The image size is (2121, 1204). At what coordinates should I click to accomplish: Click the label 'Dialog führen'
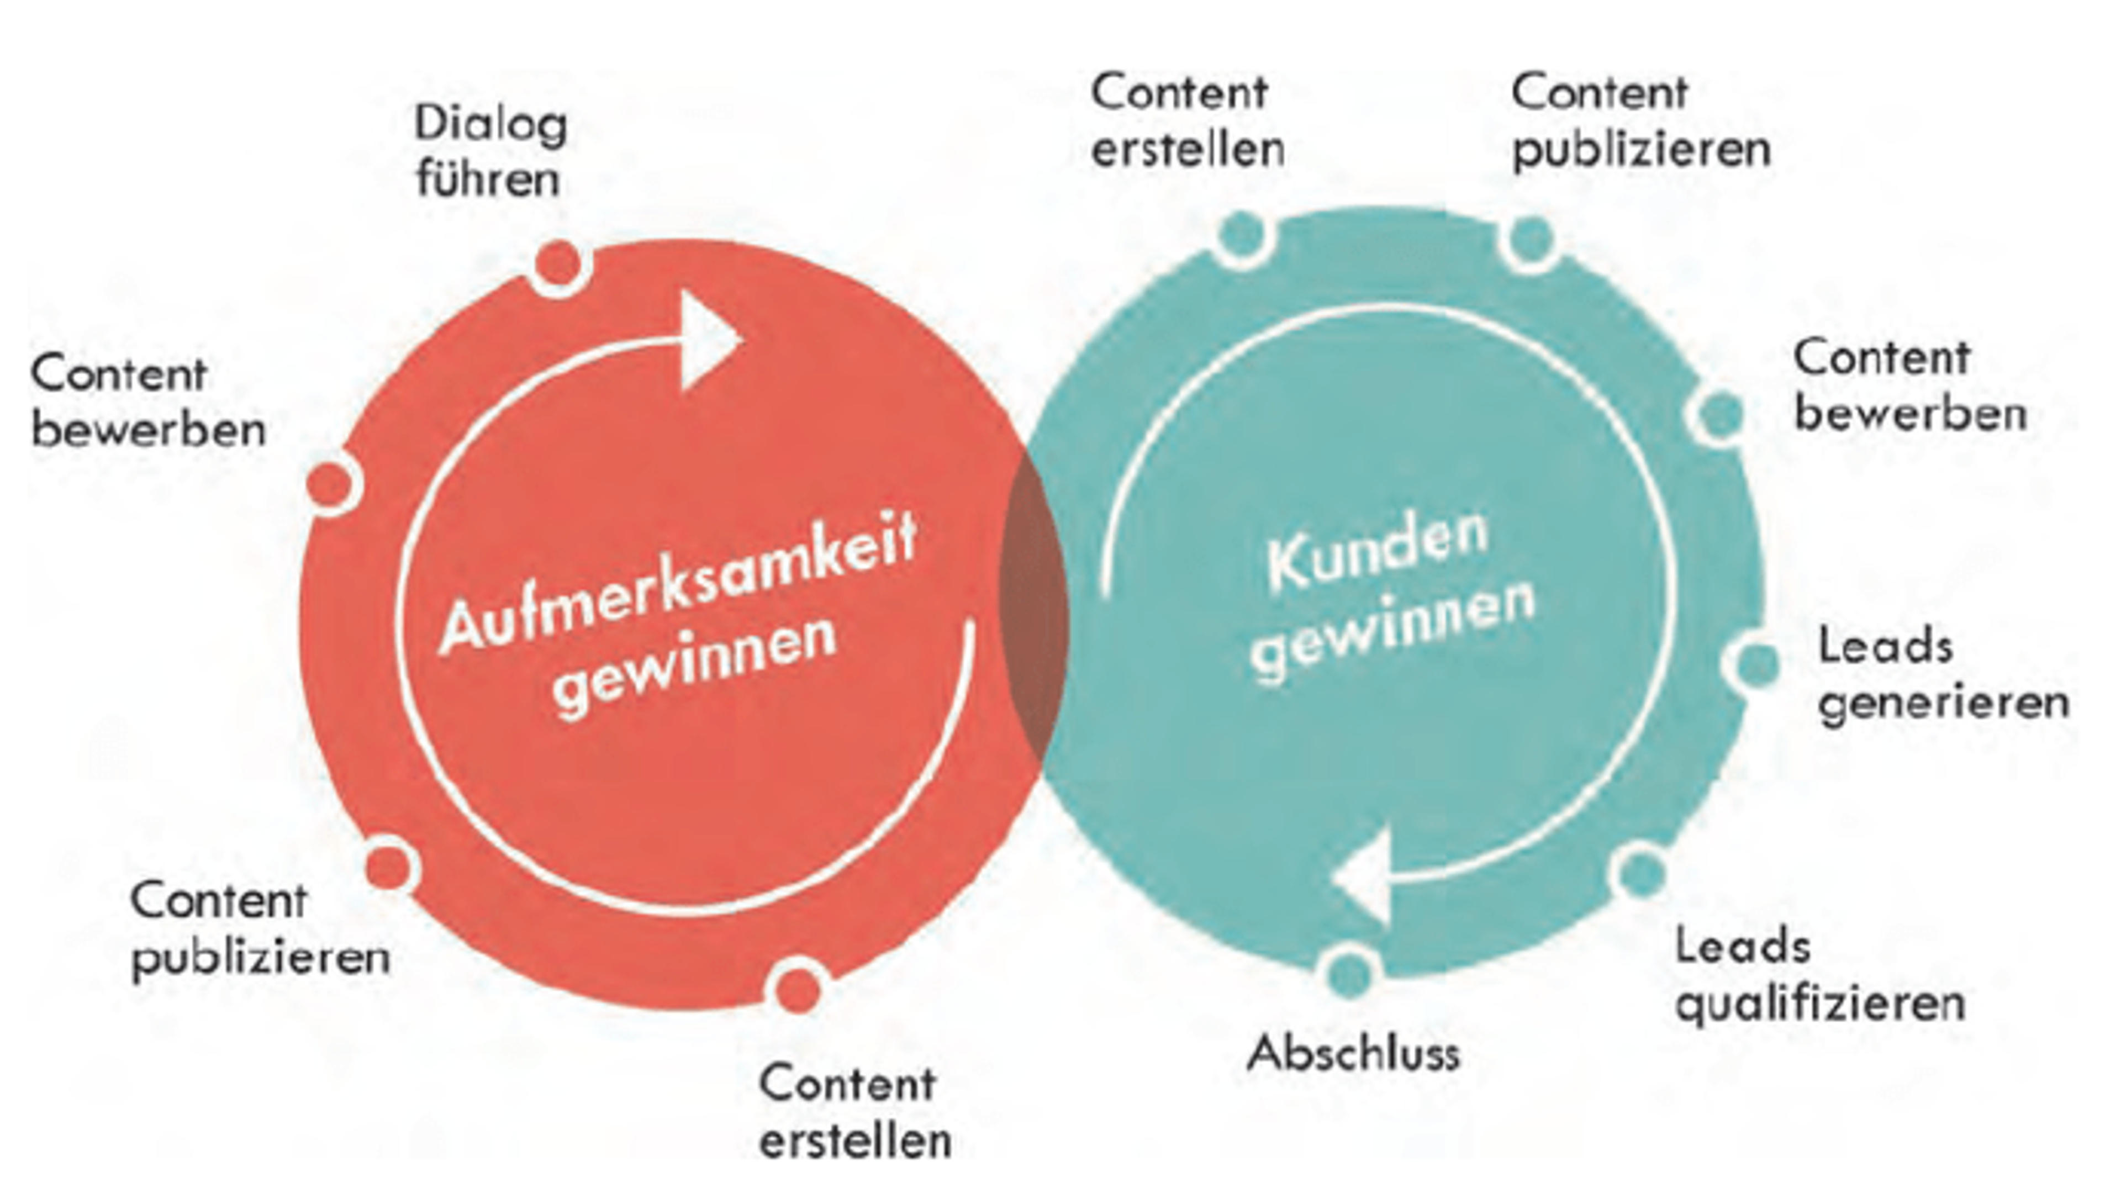pyautogui.click(x=491, y=151)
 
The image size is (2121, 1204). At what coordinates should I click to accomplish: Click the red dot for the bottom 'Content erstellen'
pyautogui.click(x=797, y=988)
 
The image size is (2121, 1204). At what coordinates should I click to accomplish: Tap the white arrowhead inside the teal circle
pyautogui.click(x=1362, y=878)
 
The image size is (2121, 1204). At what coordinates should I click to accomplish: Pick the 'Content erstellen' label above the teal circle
pyautogui.click(x=1188, y=121)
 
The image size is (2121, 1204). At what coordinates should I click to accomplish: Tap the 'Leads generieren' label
pyautogui.click(x=1943, y=675)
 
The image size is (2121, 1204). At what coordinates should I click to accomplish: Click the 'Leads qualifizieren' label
pyautogui.click(x=1820, y=976)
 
